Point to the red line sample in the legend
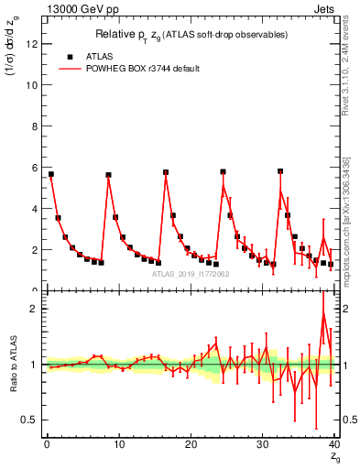coord(70,69)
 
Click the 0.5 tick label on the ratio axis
coord(30,420)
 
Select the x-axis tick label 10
coord(118,445)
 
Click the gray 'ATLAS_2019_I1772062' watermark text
coord(190,274)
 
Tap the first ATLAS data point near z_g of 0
coord(51,174)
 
